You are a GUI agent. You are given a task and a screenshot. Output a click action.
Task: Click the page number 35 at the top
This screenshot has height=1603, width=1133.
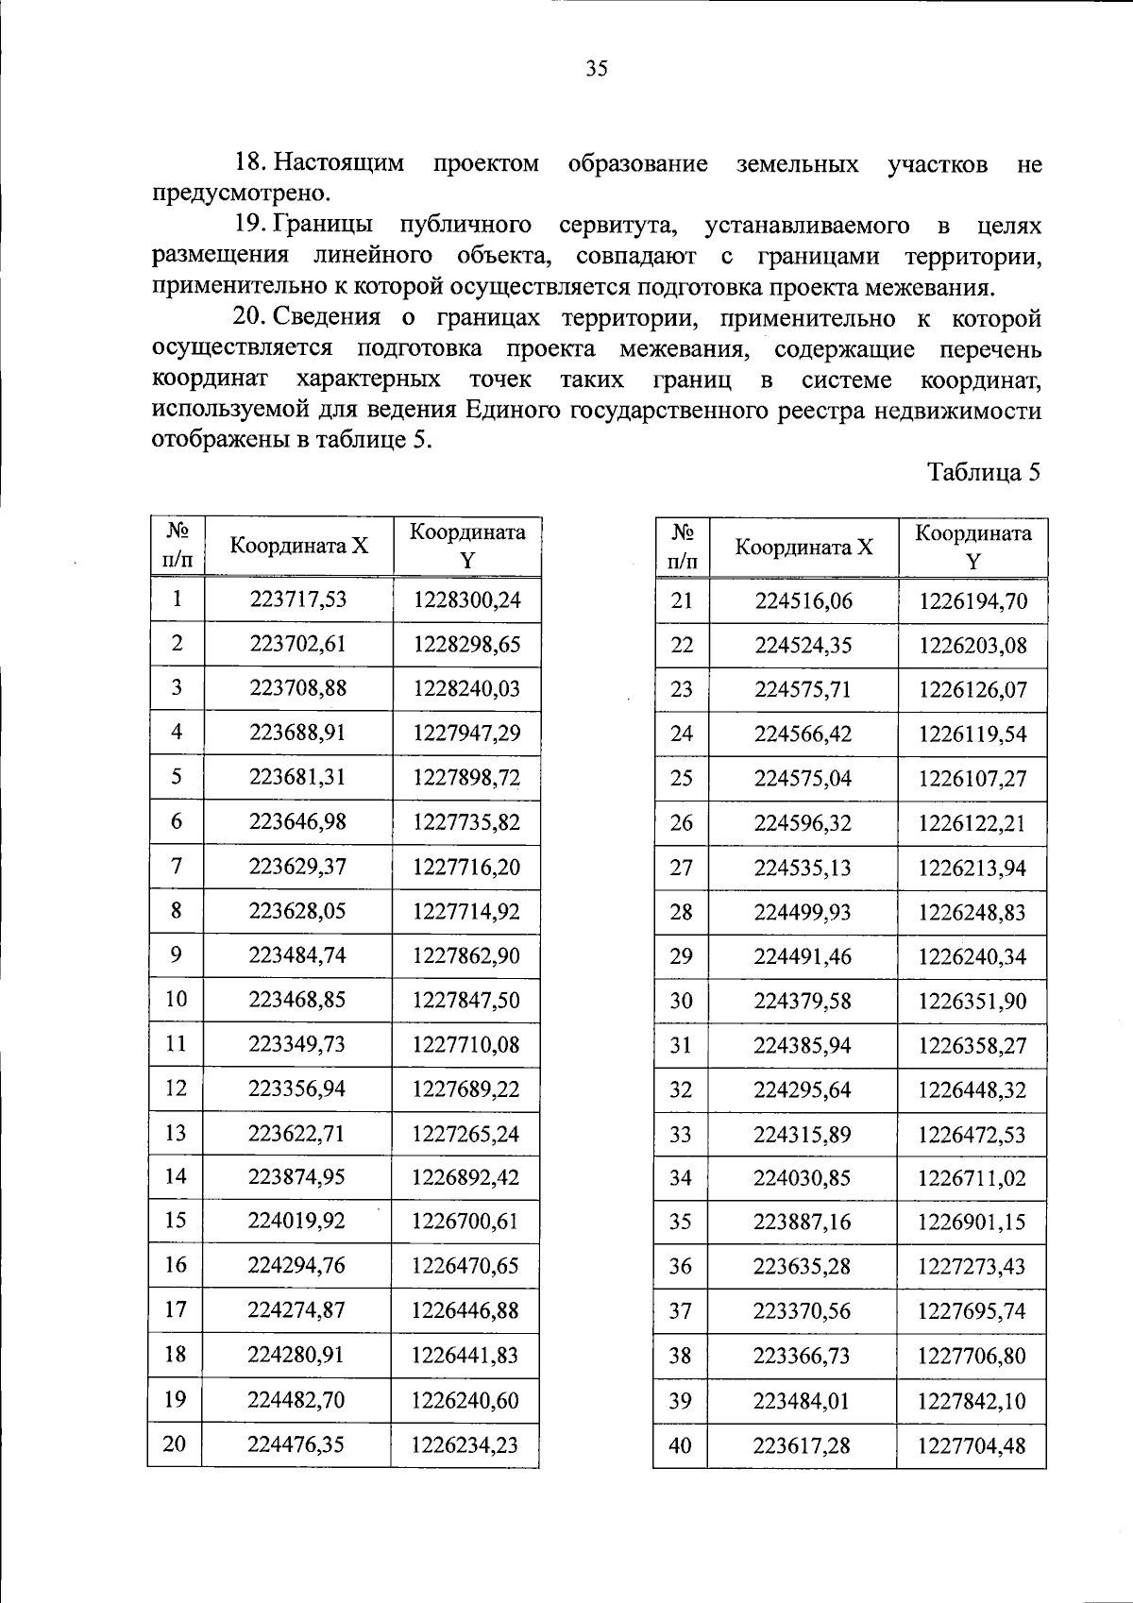pos(597,69)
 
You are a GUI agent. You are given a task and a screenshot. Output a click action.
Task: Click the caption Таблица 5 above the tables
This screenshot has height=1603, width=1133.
pos(983,472)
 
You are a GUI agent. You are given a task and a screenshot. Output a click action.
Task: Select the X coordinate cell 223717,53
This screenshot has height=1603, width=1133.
pos(297,599)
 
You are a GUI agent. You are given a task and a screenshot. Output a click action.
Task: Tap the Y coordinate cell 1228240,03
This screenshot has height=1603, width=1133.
pos(466,688)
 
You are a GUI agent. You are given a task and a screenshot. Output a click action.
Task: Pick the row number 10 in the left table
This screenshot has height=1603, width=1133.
pos(177,999)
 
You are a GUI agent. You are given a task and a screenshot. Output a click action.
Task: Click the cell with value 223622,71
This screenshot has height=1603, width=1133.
pos(296,1133)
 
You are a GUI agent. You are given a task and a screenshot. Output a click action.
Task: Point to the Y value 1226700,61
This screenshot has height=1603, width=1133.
pos(465,1222)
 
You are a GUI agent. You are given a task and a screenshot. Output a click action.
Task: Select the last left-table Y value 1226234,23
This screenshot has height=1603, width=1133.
pos(465,1444)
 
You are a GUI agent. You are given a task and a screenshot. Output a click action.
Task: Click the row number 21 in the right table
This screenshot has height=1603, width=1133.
pos(682,600)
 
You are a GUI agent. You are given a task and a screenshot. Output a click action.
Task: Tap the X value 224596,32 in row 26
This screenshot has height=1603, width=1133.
pos(802,823)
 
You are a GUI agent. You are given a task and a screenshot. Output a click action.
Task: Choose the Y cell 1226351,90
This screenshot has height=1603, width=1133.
pos(972,1001)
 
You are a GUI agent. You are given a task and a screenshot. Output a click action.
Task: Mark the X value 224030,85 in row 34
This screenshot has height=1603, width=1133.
pos(802,1178)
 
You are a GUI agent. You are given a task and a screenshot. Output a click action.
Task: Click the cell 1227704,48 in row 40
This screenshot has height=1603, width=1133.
pos(971,1445)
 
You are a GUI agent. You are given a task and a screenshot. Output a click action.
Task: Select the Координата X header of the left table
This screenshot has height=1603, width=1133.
pos(298,546)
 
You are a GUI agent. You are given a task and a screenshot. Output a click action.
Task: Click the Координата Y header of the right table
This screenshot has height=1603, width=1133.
pos(972,547)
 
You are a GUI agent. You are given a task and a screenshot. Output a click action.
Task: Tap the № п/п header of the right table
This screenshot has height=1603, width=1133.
pos(682,547)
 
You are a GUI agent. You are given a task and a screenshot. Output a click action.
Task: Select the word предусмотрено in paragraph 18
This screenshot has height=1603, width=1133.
pos(241,194)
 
